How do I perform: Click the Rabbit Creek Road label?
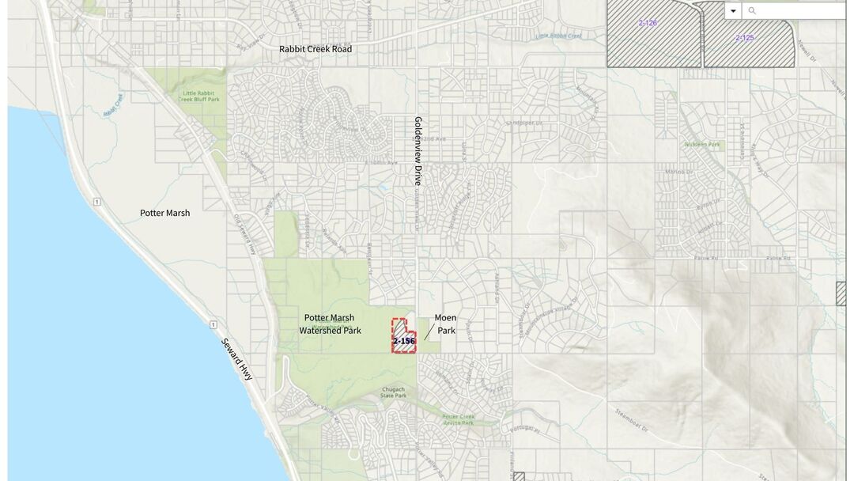tap(316, 49)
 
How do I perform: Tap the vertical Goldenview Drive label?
tap(418, 151)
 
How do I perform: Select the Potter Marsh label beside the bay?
tap(164, 213)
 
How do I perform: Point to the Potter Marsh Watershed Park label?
tap(330, 324)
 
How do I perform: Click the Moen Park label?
tap(446, 324)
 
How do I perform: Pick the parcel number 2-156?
tap(404, 341)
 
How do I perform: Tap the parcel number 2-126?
tap(648, 23)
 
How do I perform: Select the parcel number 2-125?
tap(745, 37)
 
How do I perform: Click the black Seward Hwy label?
tap(237, 357)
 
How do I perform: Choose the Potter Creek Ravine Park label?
tap(458, 419)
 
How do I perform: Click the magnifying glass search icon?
tap(752, 10)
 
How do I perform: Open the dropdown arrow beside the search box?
tap(733, 10)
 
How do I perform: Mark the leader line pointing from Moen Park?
tap(429, 331)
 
